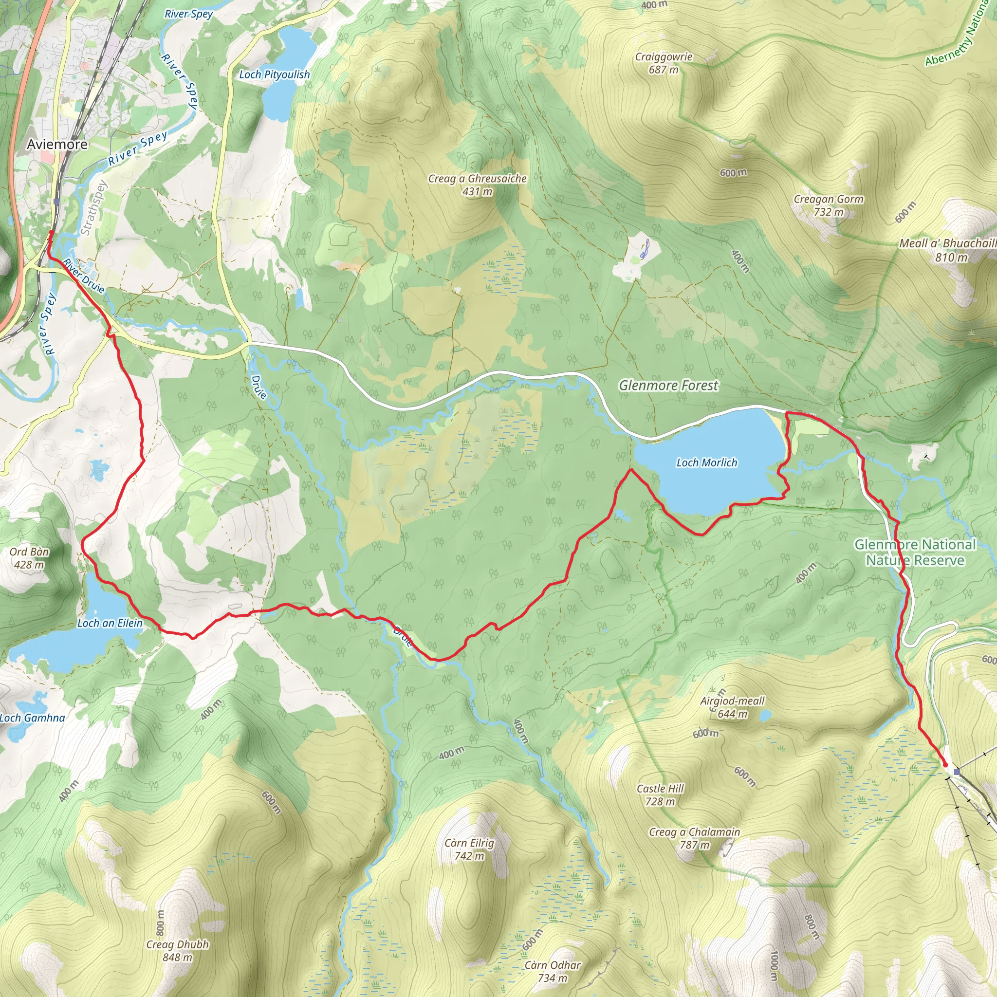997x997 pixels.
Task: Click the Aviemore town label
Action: pos(57,144)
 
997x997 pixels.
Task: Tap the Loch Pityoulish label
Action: pos(274,74)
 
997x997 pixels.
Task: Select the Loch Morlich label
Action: pos(706,462)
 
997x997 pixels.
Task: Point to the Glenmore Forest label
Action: pos(668,386)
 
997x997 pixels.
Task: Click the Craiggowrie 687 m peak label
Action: pos(664,63)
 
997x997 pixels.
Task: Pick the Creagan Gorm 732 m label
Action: pos(828,205)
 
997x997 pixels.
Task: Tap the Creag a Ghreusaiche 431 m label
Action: pos(478,185)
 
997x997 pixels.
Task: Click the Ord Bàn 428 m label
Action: pos(29,558)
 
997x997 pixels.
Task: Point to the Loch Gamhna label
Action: pos(32,718)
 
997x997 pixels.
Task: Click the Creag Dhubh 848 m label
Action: pos(178,951)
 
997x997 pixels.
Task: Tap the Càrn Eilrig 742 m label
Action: pos(469,849)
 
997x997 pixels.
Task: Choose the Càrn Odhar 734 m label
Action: pos(552,971)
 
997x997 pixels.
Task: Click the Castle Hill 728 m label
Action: pos(660,794)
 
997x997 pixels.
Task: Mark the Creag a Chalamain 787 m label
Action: pos(694,838)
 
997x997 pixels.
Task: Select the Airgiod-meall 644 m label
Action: pos(732,707)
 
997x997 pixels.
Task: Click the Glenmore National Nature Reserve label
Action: pos(915,552)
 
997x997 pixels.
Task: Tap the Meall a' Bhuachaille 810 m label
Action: pos(948,250)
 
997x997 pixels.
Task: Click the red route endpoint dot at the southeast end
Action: pos(945,765)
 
